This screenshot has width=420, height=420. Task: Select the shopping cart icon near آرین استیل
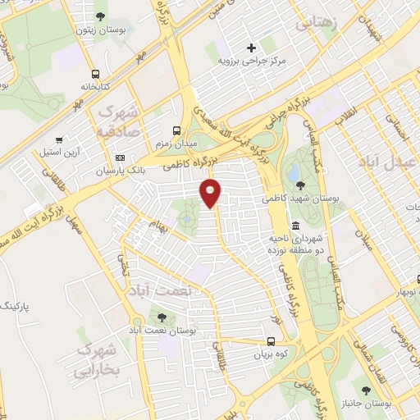point(59,139)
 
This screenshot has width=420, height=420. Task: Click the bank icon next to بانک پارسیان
point(121,158)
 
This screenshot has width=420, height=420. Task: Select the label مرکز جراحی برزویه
point(252,61)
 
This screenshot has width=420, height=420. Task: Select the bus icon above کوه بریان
point(272,342)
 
